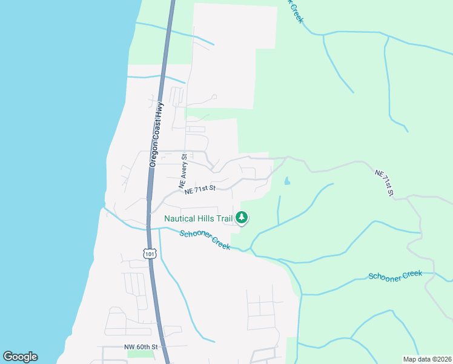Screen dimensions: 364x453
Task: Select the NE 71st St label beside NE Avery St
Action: tap(200, 189)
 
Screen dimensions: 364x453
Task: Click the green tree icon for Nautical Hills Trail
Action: tap(242, 217)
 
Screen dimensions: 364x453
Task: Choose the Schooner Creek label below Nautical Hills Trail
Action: tap(205, 240)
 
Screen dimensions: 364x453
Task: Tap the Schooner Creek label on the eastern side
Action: tap(395, 275)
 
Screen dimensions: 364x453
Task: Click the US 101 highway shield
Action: tap(150, 254)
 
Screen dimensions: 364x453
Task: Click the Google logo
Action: tap(20, 357)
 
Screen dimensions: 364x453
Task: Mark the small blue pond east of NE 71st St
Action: tap(286, 181)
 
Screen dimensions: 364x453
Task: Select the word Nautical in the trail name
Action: tap(179, 218)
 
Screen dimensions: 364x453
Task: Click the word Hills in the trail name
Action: tap(205, 218)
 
